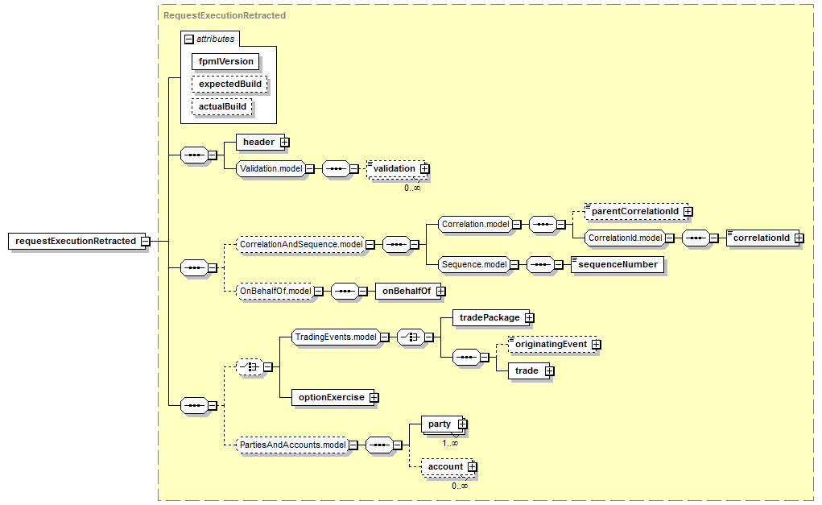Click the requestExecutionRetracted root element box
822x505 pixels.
tap(75, 241)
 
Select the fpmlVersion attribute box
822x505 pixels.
tap(226, 61)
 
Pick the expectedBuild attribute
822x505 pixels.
tap(230, 84)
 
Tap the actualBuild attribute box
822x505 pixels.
tap(222, 106)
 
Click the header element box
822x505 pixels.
tap(258, 143)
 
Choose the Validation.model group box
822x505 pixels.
tap(271, 168)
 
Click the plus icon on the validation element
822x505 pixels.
tap(424, 169)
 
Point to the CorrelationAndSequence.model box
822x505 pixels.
tap(300, 244)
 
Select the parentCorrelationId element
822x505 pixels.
tap(634, 211)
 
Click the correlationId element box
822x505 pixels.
tap(761, 238)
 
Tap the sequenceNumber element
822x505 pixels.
tap(618, 264)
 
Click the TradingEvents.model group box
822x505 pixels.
tap(336, 337)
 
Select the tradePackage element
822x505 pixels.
tap(489, 318)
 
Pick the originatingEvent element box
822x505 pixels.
tap(551, 345)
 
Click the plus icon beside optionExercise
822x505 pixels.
tap(374, 398)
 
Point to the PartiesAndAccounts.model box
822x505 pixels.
tap(293, 444)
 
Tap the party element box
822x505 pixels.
tap(439, 424)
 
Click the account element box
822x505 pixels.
tap(444, 466)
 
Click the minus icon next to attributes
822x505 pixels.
tap(189, 39)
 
